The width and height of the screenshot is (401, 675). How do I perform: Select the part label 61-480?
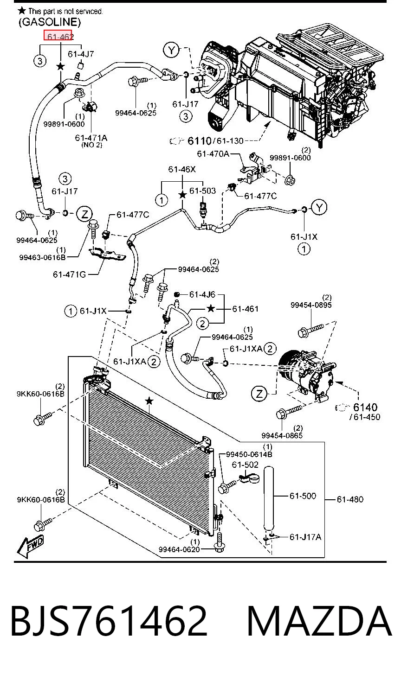click(350, 499)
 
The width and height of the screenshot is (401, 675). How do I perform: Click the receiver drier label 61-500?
click(303, 496)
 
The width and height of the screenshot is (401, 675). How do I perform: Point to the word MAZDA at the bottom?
click(319, 621)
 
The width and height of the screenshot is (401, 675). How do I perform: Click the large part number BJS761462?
click(109, 621)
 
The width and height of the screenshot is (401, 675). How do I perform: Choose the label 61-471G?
click(70, 274)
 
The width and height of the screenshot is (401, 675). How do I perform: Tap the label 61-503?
click(202, 191)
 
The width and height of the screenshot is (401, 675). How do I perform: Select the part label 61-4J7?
click(81, 54)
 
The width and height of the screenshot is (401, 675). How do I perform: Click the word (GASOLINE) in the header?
click(50, 22)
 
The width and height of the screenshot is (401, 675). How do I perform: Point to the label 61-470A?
click(213, 154)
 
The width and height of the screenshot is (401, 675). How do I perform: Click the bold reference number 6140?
click(365, 408)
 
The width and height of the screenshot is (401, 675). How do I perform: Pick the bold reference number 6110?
click(200, 141)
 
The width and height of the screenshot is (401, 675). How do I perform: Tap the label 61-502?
click(245, 465)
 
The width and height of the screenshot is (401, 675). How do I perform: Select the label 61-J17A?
click(305, 537)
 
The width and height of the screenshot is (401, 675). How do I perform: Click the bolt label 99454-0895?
click(311, 305)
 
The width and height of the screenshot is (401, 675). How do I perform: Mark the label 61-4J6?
click(202, 294)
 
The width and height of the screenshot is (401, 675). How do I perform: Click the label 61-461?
click(246, 309)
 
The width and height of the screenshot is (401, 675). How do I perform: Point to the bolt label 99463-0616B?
click(43, 257)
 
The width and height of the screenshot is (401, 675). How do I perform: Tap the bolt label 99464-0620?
click(179, 549)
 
